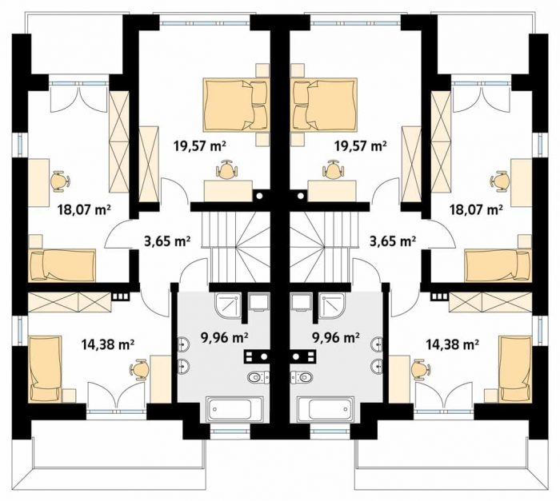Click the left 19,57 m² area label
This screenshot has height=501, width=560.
click(x=200, y=145)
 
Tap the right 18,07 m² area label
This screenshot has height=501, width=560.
click(x=477, y=209)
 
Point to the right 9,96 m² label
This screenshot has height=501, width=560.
click(x=336, y=337)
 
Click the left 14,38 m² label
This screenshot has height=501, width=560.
click(x=108, y=344)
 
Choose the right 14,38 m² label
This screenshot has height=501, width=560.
click(x=453, y=344)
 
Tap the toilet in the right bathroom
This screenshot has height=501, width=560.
click(x=302, y=377)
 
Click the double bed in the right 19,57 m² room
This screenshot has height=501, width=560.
click(x=325, y=104)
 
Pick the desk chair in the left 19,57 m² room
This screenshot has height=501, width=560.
click(x=226, y=170)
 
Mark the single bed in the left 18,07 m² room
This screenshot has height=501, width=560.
click(x=62, y=264)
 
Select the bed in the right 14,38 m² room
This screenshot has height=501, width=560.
click(x=516, y=368)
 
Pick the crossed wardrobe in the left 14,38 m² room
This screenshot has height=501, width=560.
click(x=70, y=302)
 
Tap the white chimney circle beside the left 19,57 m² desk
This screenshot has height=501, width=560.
click(x=260, y=196)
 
